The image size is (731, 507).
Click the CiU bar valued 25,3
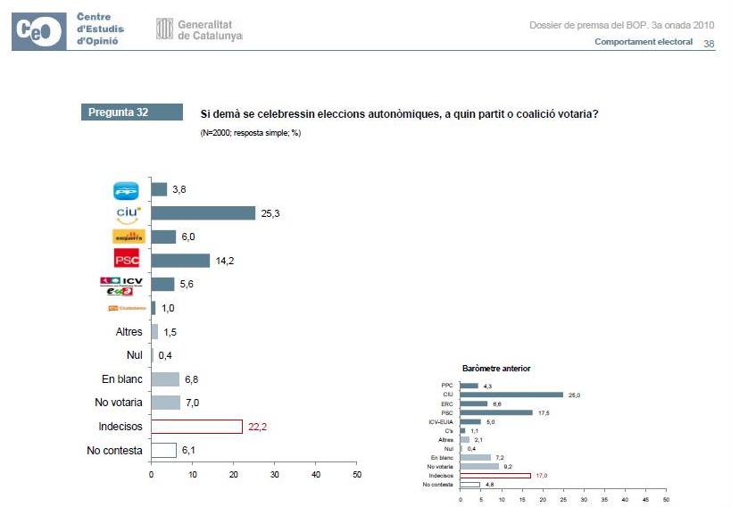[x=203, y=213]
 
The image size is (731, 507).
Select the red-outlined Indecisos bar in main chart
[x=196, y=427]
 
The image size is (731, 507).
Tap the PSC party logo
[x=127, y=260]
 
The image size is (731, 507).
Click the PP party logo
[x=127, y=190]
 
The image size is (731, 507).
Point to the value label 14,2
[x=225, y=261]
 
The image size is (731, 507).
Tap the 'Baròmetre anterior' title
[x=496, y=368]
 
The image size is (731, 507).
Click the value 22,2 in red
[x=258, y=427]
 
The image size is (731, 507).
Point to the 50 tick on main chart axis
[x=356, y=475]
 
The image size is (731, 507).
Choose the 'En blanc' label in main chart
[x=121, y=379]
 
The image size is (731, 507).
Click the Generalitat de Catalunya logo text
[x=210, y=29]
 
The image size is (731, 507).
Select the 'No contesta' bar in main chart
[x=163, y=451]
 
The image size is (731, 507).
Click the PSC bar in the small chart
[x=495, y=412]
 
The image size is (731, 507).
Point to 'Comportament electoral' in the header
[x=644, y=44]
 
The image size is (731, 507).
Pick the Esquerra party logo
[x=128, y=237]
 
